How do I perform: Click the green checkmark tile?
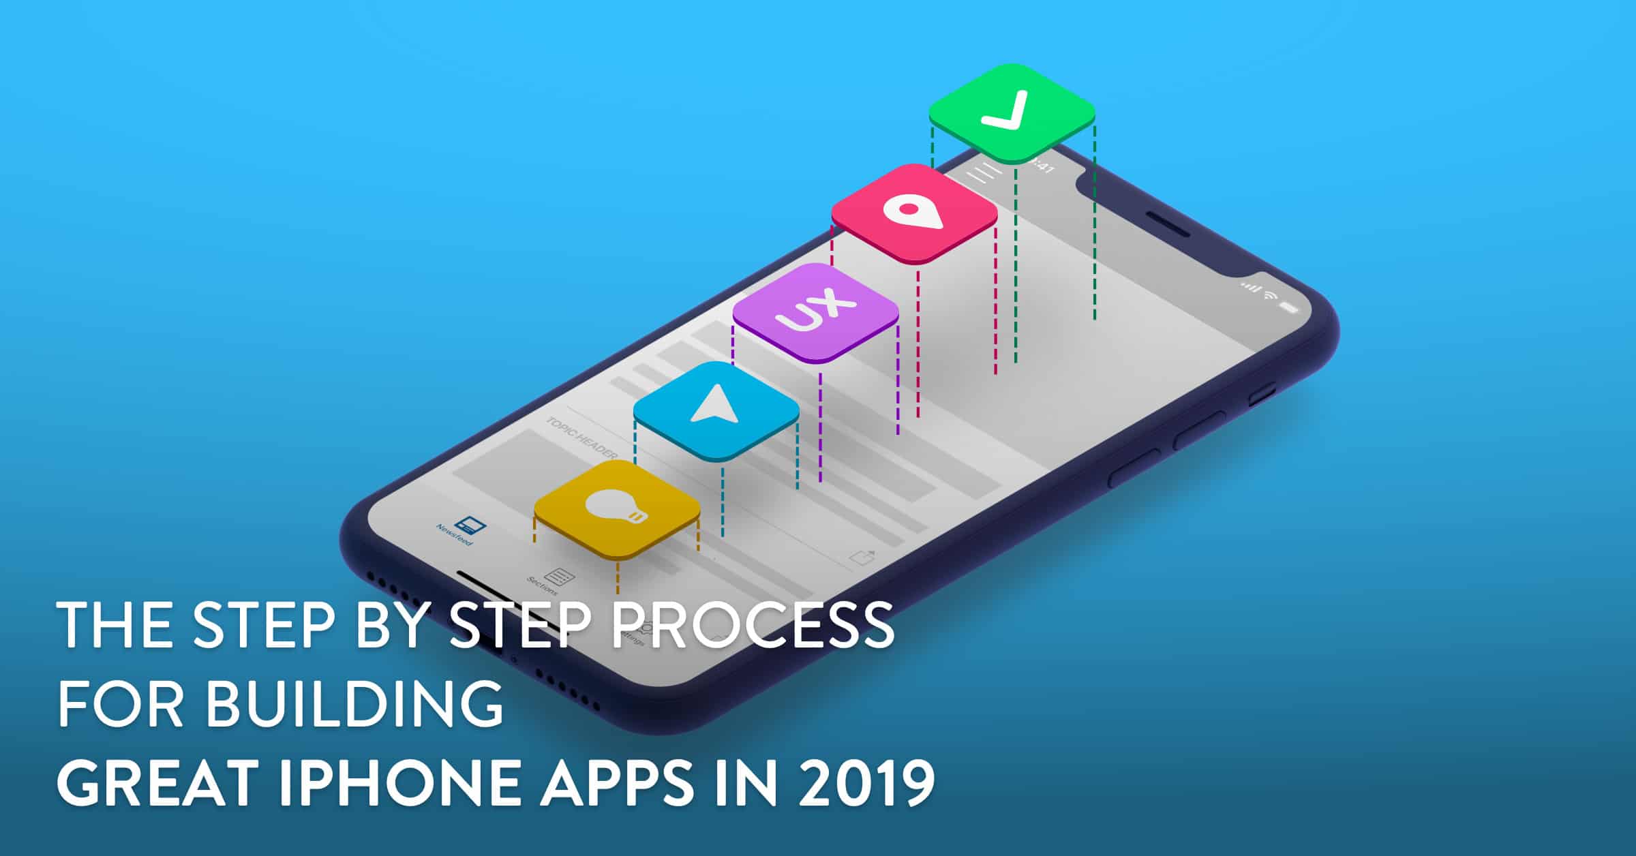(x=1012, y=113)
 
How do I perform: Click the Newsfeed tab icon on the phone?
(x=469, y=525)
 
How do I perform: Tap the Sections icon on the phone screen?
(x=559, y=577)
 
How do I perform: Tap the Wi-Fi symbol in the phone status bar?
(x=1270, y=295)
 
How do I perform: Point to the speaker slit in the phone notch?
(x=1167, y=224)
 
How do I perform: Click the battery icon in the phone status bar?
(x=1288, y=307)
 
